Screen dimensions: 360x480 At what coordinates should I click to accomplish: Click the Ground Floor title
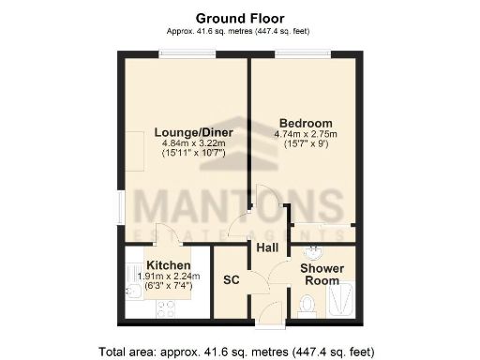coord(239,17)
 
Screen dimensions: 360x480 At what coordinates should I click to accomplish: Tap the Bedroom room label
coord(307,124)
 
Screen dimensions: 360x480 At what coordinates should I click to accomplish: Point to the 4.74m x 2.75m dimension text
coord(307,134)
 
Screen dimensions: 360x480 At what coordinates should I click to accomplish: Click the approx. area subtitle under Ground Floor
coord(239,31)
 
